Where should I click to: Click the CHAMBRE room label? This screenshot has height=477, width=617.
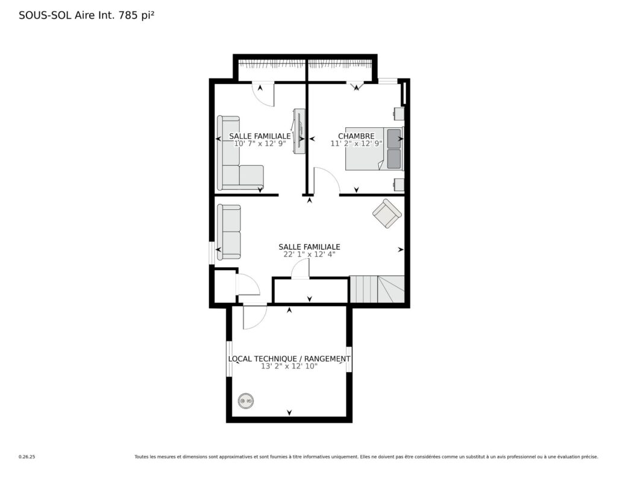point(356,136)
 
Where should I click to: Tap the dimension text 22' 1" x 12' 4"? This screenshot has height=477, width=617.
point(309,254)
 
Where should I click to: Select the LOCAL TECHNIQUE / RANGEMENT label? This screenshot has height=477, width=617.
point(289,359)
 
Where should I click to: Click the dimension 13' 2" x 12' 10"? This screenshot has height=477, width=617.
point(289,366)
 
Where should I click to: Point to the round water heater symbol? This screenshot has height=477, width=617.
point(246,402)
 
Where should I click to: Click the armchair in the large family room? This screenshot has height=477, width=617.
point(387,213)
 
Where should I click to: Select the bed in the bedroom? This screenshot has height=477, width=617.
point(375,149)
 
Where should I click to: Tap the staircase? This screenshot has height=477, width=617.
point(377,289)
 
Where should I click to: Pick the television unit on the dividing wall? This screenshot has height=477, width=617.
point(299,131)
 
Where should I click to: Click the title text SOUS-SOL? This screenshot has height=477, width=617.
point(45,15)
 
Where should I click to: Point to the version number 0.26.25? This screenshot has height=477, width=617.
point(27,457)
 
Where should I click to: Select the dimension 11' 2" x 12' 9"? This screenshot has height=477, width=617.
point(356,144)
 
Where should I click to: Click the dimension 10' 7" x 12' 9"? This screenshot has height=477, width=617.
point(260,144)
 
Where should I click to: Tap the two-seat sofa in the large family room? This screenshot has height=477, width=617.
point(229,232)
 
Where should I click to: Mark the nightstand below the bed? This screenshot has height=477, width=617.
point(399,185)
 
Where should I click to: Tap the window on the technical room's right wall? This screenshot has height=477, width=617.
point(349,359)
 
